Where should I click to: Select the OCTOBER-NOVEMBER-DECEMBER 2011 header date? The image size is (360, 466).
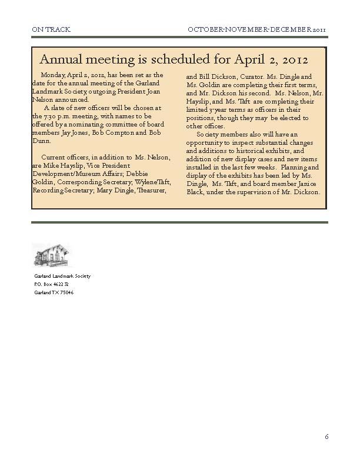click(x=257, y=29)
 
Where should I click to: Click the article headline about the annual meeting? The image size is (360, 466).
click(x=174, y=59)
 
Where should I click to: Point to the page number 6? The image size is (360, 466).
click(x=326, y=437)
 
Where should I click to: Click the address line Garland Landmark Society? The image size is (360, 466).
click(x=62, y=276)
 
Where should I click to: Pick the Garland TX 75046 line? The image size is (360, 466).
click(x=54, y=292)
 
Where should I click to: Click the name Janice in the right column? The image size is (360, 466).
click(x=304, y=184)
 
